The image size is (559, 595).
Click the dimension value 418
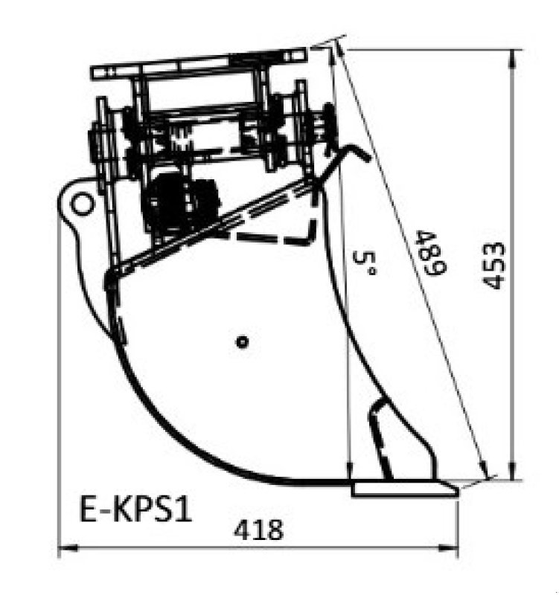(x=258, y=530)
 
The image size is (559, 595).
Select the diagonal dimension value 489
(x=429, y=253)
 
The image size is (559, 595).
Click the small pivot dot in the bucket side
(x=240, y=341)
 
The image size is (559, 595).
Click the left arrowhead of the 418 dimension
(x=63, y=550)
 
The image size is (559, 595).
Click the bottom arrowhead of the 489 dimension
(x=485, y=473)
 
